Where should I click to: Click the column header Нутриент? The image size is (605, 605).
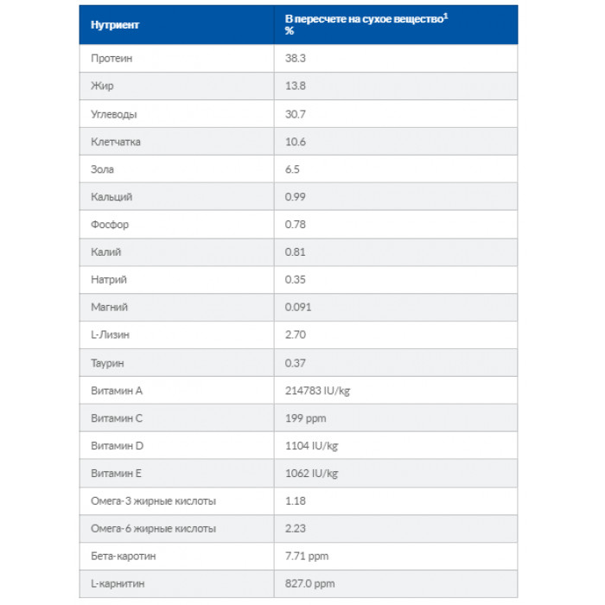point(114,24)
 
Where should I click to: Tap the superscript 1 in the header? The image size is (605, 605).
point(446,15)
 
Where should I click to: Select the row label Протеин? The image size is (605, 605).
point(111,59)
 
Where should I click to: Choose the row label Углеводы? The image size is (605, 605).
point(114,114)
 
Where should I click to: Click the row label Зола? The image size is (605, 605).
point(102,169)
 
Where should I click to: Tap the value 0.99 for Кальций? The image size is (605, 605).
point(296,197)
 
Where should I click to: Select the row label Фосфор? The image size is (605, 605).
point(110,225)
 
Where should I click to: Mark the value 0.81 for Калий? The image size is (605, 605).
point(296,252)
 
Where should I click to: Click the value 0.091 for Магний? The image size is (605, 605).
point(298,308)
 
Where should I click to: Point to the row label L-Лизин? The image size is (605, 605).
point(111,335)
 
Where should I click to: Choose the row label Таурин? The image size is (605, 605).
point(109,363)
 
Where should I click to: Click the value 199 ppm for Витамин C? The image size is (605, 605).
point(305,418)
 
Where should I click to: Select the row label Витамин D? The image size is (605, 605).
point(117,446)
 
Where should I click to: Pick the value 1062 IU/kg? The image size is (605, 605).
point(312,474)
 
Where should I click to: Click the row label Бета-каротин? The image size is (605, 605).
point(124,557)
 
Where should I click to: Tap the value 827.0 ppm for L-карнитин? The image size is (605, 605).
point(309,584)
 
